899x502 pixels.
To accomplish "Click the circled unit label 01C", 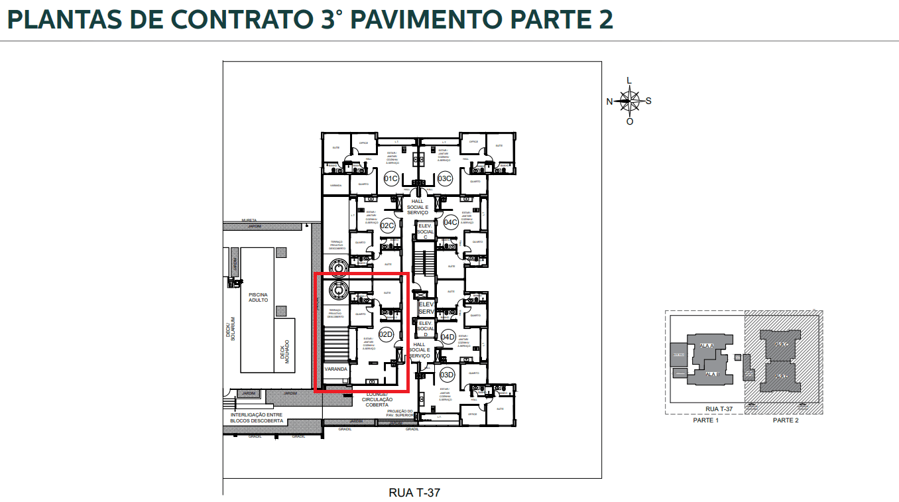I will (x=391, y=178).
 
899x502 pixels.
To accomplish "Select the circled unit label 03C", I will (x=445, y=178).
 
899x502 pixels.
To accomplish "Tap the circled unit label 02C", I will (x=388, y=225).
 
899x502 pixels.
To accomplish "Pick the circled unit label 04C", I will (x=451, y=222).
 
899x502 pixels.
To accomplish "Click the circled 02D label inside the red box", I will (x=386, y=334).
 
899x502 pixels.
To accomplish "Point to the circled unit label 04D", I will (x=448, y=337).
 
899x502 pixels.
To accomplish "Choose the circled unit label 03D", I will (x=447, y=375).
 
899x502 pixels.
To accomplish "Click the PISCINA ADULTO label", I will (x=258, y=296).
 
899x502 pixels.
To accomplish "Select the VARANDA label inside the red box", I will (x=335, y=369).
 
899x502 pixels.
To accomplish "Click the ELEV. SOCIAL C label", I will (x=426, y=230).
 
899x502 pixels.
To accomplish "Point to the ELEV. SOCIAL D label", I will (x=426, y=328).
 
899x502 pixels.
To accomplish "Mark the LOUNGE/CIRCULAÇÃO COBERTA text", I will (x=377, y=399).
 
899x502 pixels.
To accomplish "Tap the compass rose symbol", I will (x=628, y=101).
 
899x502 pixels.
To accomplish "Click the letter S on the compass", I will (x=648, y=101).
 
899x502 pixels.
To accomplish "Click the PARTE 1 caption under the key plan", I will (x=705, y=420).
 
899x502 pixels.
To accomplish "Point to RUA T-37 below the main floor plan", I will (x=414, y=493).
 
